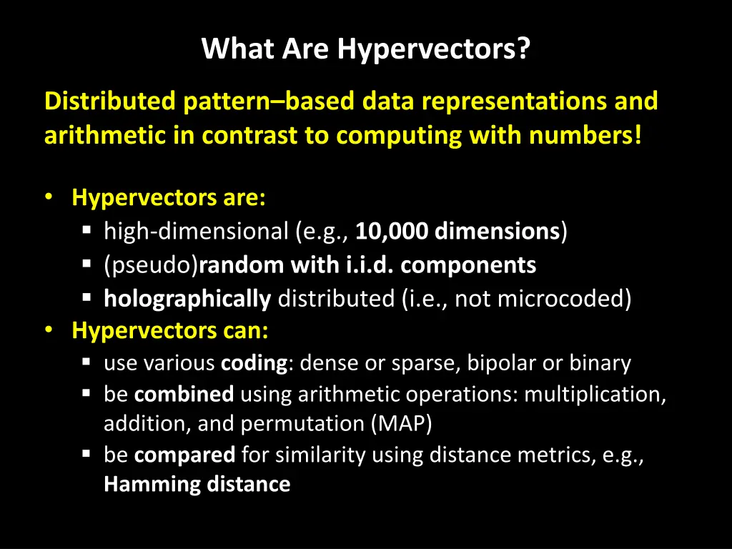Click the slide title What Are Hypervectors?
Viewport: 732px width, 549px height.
tap(365, 49)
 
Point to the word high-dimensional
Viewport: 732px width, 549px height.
tap(196, 232)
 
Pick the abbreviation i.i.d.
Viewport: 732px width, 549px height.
tap(370, 265)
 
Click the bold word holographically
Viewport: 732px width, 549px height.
tap(187, 299)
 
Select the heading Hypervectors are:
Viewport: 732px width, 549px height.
tap(169, 198)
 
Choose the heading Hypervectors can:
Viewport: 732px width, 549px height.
tap(170, 331)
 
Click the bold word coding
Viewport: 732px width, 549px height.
tap(254, 363)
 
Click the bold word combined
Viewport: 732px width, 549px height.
tap(184, 394)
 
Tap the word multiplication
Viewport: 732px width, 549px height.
tap(595, 394)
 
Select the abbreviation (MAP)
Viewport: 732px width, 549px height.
tap(401, 424)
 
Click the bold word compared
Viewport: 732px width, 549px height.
tap(184, 455)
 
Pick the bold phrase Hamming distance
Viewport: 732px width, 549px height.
tap(197, 485)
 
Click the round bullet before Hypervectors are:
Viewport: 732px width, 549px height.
tap(49, 197)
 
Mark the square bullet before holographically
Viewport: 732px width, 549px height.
tap(86, 298)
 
